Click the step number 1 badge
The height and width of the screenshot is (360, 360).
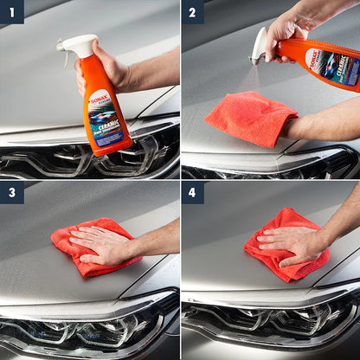(11, 11)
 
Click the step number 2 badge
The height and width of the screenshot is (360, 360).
(193, 11)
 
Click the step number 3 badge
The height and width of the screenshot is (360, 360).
(11, 192)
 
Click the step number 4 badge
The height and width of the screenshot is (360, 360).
(193, 192)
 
